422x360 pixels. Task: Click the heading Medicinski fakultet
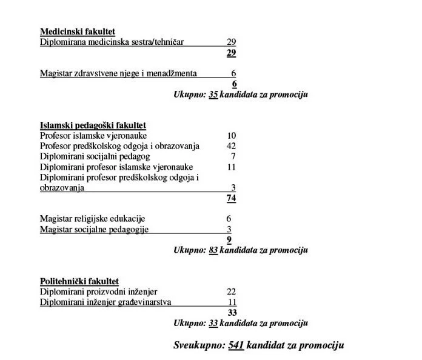pyautogui.click(x=78, y=32)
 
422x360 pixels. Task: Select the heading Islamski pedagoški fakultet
pyautogui.click(x=93, y=125)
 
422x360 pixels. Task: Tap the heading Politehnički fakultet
pyautogui.click(x=79, y=281)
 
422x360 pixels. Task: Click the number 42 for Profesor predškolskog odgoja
pyautogui.click(x=230, y=146)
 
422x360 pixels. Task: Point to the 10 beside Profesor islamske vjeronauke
pyautogui.click(x=231, y=136)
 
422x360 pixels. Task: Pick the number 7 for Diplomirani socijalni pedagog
pyautogui.click(x=233, y=156)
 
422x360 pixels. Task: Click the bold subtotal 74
pyautogui.click(x=231, y=198)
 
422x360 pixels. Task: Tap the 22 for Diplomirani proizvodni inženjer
pyautogui.click(x=231, y=292)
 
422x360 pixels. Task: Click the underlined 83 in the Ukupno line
pyautogui.click(x=213, y=250)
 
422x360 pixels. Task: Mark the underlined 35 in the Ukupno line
pyautogui.click(x=213, y=95)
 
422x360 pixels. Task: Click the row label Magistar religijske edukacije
pyautogui.click(x=93, y=219)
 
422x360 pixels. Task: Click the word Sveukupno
pyautogui.click(x=198, y=345)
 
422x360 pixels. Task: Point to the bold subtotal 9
pyautogui.click(x=229, y=239)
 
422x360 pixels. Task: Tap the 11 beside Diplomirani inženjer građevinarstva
pyautogui.click(x=232, y=302)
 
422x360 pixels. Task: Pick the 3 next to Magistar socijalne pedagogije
pyautogui.click(x=229, y=229)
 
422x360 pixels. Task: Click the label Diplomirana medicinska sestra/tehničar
pyautogui.click(x=112, y=42)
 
